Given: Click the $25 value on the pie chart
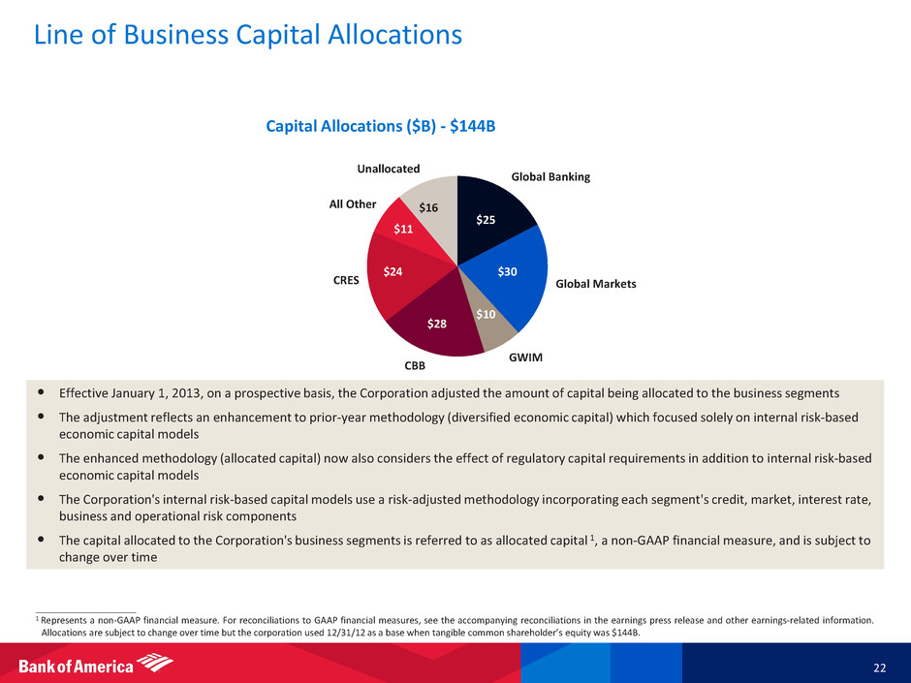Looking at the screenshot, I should click(486, 220).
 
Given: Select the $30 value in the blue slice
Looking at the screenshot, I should click(508, 272).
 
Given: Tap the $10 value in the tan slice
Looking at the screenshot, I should click(486, 314).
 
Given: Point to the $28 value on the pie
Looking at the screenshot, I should click(437, 324).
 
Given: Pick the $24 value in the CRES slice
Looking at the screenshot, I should click(393, 272).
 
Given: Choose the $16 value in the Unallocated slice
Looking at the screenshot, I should click(429, 207).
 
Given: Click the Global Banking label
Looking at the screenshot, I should click(550, 177).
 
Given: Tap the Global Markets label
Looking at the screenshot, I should click(595, 284).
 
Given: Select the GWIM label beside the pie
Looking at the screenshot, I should click(525, 357).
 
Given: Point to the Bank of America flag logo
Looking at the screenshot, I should click(154, 664).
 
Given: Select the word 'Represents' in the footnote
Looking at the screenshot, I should click(62, 620).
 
